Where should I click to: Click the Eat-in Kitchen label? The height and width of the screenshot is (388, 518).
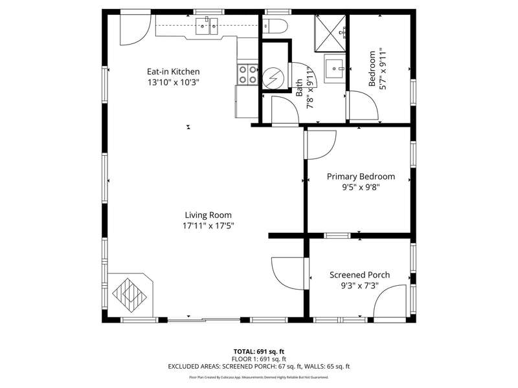pos(173,72)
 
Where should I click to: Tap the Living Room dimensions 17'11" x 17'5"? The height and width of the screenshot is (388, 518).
pos(208,226)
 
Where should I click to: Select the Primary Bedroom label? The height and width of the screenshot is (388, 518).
pos(361,177)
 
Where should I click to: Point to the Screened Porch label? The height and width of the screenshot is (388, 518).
pos(359,275)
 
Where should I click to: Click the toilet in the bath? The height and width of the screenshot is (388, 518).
pos(275,26)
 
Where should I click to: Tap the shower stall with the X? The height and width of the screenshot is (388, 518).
pos(330,34)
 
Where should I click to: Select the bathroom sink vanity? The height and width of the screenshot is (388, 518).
pos(335,69)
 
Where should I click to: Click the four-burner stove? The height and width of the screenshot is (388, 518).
pos(247,74)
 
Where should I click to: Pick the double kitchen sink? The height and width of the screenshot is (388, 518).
pos(207,27)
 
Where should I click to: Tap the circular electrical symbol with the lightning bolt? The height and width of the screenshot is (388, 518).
pos(273,78)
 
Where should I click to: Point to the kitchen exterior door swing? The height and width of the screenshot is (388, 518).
pos(135,29)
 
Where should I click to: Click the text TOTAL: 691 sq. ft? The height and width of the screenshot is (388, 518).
pos(258,352)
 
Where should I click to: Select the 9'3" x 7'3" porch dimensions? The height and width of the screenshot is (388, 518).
pos(359,285)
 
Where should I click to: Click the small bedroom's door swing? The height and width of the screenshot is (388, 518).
pos(363,105)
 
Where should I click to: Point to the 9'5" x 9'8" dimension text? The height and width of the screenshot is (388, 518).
pos(361,188)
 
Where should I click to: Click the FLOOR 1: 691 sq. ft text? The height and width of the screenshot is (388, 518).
pos(258,359)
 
